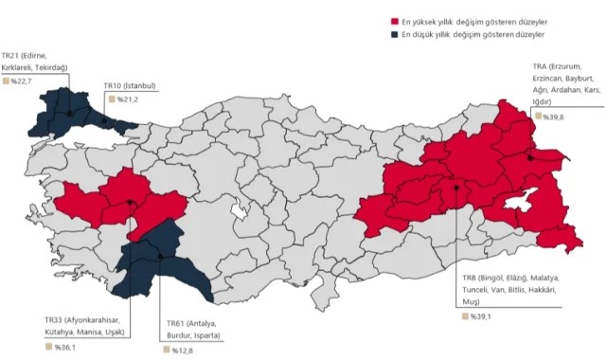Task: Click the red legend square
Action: (x=393, y=21)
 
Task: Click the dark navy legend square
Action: (x=393, y=34)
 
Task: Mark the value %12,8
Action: (x=183, y=351)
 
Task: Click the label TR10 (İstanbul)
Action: (x=131, y=85)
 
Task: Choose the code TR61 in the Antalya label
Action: (x=177, y=324)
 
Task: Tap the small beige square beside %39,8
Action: (x=537, y=116)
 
